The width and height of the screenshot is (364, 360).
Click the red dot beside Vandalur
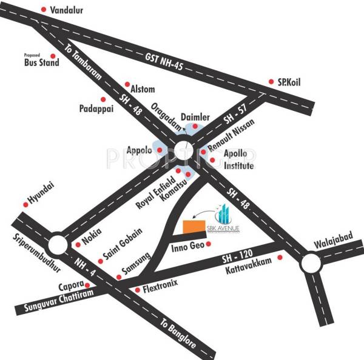(x=43, y=10)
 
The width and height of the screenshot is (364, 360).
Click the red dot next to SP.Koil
(x=272, y=82)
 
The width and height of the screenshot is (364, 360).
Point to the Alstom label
(x=143, y=89)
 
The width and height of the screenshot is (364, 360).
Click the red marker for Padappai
(x=103, y=99)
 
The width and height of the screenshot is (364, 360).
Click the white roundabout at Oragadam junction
(x=182, y=148)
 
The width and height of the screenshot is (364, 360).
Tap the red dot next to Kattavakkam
(x=280, y=258)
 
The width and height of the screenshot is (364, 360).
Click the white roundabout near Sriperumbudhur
(x=58, y=245)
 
